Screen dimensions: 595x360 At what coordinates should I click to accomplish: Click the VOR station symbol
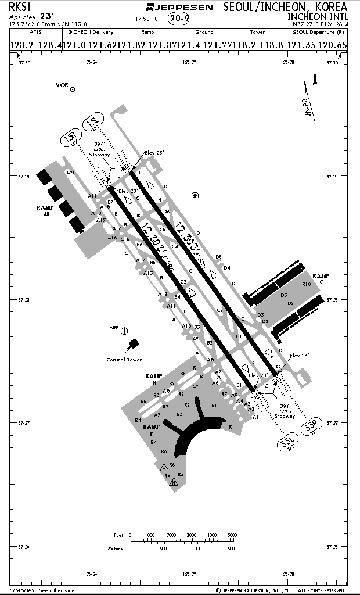pyautogui.click(x=73, y=89)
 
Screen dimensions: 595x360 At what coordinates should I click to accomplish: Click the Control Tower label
pyautogui.click(x=124, y=360)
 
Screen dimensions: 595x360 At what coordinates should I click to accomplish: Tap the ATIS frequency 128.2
pyautogui.click(x=21, y=45)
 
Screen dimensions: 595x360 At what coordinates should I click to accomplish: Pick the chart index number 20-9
pyautogui.click(x=179, y=19)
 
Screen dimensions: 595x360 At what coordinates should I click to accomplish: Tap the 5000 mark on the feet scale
pyautogui.click(x=232, y=535)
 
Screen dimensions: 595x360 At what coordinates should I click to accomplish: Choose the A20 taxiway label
pyautogui.click(x=71, y=173)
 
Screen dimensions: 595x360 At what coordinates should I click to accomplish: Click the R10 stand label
pyautogui.click(x=307, y=284)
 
